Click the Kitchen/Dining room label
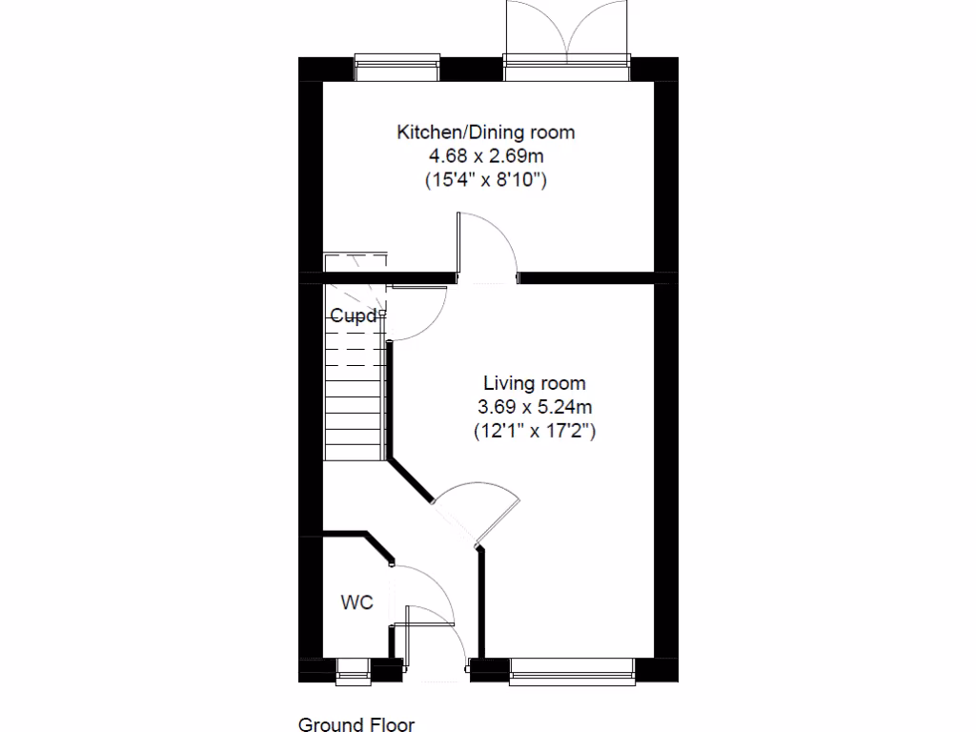coord(486,132)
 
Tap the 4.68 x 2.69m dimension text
coord(486,155)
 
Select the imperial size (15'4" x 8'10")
coord(486,179)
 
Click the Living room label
coord(535,383)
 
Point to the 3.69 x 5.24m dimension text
coord(535,407)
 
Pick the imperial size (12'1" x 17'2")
coord(535,431)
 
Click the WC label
coord(357,602)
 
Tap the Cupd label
coord(354,316)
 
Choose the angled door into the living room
coord(477,515)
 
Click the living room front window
coord(572,670)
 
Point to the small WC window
coord(354,670)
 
